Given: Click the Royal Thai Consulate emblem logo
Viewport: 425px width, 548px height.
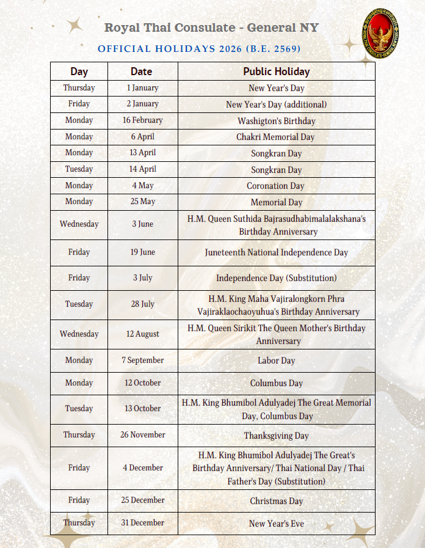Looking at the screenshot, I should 380,34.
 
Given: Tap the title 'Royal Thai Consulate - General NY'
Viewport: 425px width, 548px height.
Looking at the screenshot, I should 211,27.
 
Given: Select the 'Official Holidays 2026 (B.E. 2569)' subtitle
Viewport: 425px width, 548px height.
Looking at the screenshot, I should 199,48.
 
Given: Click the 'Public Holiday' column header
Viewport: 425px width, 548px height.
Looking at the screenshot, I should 276,71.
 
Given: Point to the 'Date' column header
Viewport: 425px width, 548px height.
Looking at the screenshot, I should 141,71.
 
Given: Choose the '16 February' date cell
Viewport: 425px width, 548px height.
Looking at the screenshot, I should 142,120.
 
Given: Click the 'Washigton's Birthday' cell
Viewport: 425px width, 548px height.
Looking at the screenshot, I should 276,121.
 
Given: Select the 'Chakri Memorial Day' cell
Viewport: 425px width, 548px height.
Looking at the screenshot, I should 276,137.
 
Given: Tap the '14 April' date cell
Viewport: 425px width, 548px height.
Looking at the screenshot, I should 142,169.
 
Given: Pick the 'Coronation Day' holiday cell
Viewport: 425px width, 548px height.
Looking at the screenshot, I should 275,186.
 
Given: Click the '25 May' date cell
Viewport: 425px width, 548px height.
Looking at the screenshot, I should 142,202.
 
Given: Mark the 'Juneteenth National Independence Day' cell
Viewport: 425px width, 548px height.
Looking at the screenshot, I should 276,252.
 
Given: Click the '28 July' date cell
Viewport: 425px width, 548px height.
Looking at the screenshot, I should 142,304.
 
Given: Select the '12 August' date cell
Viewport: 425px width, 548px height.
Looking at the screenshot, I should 142,334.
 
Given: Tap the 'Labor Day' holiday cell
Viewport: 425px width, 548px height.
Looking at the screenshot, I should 276,360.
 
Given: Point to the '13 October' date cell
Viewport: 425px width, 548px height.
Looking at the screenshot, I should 142,408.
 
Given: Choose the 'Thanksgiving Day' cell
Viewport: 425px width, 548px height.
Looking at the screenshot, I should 276,436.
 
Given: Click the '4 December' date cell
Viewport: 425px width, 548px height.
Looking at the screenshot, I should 142,468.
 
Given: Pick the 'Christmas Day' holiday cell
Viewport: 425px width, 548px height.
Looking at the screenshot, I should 276,501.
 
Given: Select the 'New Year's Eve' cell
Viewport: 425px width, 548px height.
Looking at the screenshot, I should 276,524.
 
